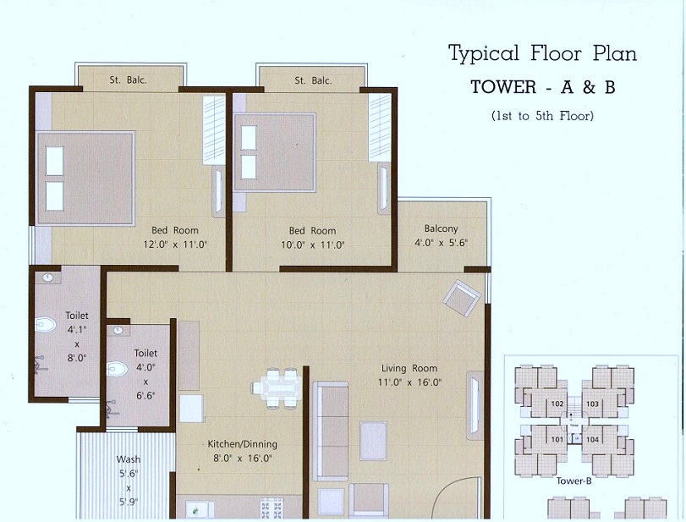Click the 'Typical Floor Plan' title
tap(542, 54)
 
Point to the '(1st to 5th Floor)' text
tap(542, 115)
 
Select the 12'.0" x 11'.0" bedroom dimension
tap(175, 245)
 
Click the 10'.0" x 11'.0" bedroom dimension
tap(312, 245)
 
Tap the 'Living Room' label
tap(409, 368)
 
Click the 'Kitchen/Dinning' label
tap(243, 444)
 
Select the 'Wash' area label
tap(129, 460)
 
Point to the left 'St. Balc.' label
tap(128, 80)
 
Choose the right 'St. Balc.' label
tap(312, 80)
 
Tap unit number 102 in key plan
tap(557, 404)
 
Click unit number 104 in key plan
tap(592, 440)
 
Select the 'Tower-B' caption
tap(573, 481)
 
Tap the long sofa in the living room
tap(330, 431)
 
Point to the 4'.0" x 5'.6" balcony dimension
tap(441, 244)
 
